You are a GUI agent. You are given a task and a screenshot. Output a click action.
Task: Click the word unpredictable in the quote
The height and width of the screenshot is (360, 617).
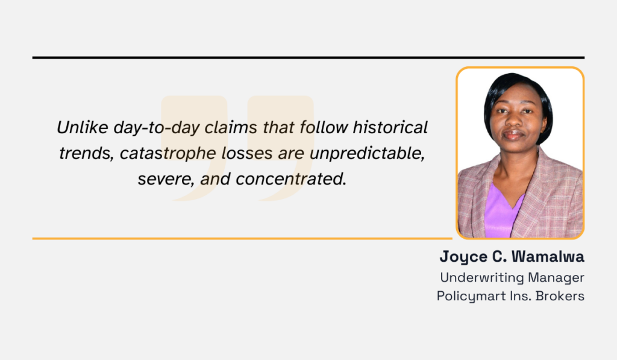[x=367, y=153]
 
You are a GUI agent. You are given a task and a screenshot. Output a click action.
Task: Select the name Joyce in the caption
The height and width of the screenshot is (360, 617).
[x=462, y=256]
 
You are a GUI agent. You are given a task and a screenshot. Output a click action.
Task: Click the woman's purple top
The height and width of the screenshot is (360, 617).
[x=501, y=214]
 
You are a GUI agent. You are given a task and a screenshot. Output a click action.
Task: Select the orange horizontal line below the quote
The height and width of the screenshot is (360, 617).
[x=241, y=238]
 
